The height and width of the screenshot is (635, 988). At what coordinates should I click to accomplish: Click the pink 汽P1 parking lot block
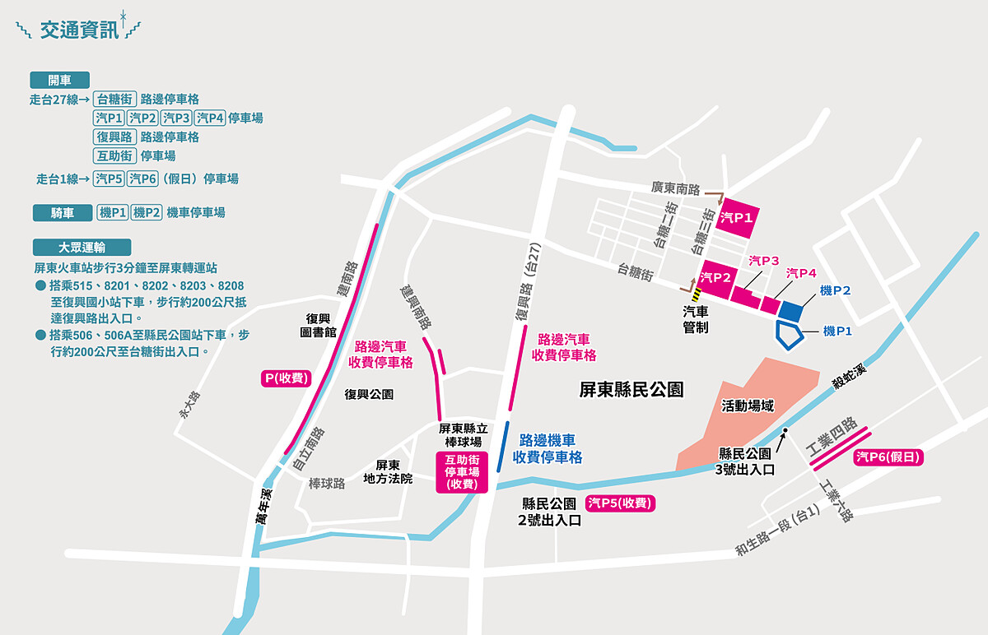738,217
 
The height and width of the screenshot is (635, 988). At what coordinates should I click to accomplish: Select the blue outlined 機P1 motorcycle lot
790,336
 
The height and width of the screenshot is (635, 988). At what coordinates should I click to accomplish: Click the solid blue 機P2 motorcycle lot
790,311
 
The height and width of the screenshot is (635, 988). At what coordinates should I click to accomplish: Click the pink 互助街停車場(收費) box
462,472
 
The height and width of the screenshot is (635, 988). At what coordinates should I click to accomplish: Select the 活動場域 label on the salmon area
748,405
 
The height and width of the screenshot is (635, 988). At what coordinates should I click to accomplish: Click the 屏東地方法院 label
388,471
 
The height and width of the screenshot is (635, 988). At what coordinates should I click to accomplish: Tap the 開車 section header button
59,80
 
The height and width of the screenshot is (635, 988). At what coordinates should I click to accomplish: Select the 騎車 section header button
62,213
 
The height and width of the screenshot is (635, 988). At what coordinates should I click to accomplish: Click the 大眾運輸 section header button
81,247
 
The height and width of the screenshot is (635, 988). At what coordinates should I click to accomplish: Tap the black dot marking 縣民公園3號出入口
786,431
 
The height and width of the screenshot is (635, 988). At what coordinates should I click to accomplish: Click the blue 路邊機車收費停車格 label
548,449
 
